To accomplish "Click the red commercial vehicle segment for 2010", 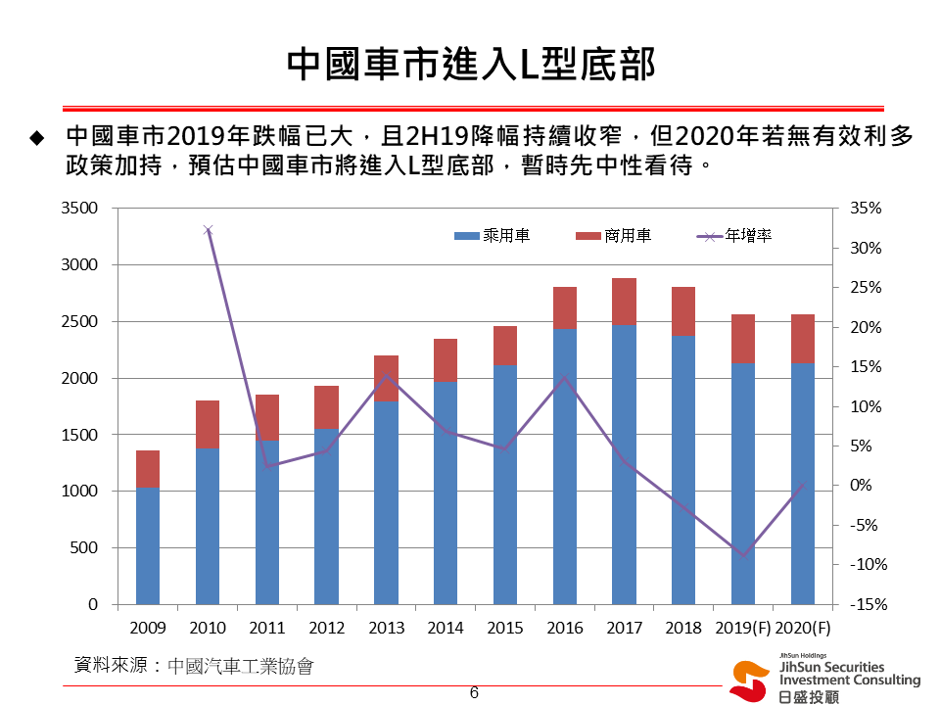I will (x=208, y=424).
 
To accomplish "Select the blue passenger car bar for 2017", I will (x=624, y=464).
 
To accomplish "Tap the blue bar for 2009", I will (x=148, y=545).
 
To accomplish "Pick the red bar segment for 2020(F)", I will (x=802, y=339).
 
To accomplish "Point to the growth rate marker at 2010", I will (x=208, y=230).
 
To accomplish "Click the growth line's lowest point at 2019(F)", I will (x=743, y=556).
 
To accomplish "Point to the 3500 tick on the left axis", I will (x=79, y=209).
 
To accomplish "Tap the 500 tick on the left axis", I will (x=85, y=548).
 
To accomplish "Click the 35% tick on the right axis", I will (x=867, y=209).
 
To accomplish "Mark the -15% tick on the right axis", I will (x=867, y=605).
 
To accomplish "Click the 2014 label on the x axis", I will (x=446, y=629).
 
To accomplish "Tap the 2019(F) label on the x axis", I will (x=743, y=629).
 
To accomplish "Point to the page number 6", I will (x=474, y=693).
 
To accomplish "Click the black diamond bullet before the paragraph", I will (x=37, y=137).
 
